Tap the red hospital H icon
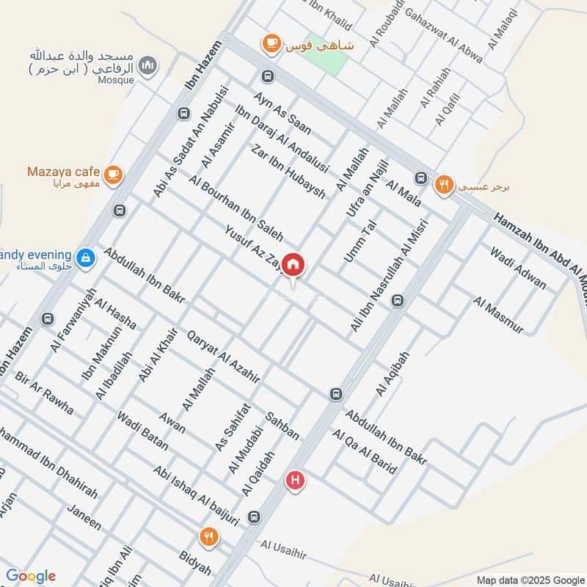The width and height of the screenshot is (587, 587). pyautogui.click(x=295, y=481)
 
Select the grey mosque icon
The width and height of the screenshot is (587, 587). pyautogui.click(x=150, y=65)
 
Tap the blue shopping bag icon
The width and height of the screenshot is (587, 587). pyautogui.click(x=87, y=257)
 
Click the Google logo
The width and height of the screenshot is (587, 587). pyautogui.click(x=31, y=576)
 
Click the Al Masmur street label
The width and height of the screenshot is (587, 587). pyautogui.click(x=499, y=315)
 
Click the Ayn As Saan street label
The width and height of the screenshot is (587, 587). pyautogui.click(x=282, y=113)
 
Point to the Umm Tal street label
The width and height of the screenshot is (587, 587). pyautogui.click(x=360, y=241)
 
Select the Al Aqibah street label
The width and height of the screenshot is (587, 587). pyautogui.click(x=392, y=373)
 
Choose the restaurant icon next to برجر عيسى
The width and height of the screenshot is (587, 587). pyautogui.click(x=444, y=184)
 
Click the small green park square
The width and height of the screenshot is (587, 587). pyautogui.click(x=328, y=59)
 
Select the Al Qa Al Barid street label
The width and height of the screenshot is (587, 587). pyautogui.click(x=365, y=452)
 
